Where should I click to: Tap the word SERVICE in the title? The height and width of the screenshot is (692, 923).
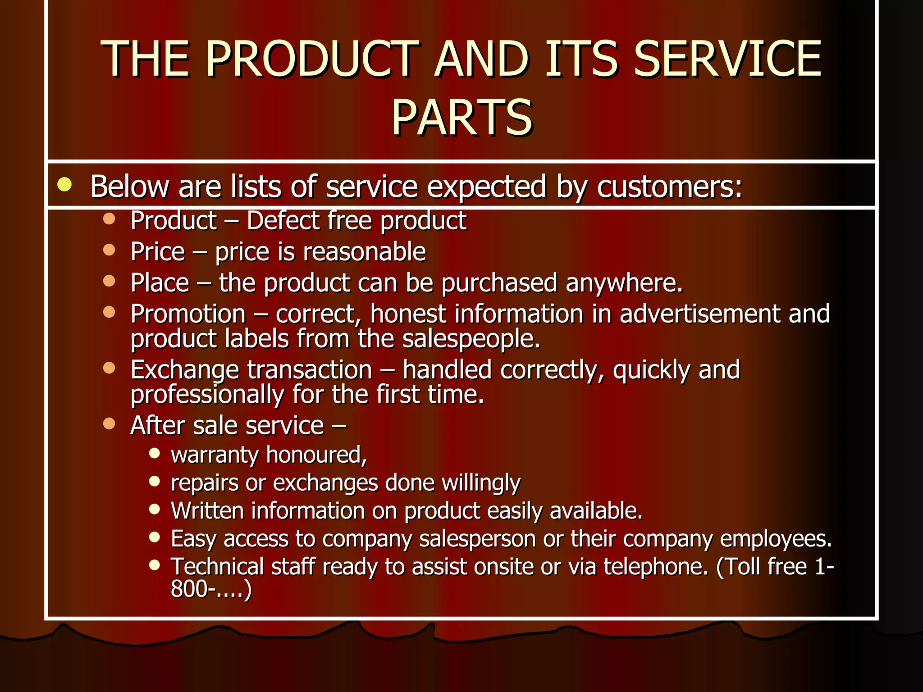pyautogui.click(x=727, y=59)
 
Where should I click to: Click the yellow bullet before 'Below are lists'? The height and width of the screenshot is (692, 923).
pyautogui.click(x=65, y=185)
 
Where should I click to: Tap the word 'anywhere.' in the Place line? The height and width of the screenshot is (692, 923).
pyautogui.click(x=624, y=283)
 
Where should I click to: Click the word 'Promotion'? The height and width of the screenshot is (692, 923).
pyautogui.click(x=188, y=314)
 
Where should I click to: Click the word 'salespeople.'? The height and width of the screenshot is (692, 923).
pyautogui.click(x=471, y=339)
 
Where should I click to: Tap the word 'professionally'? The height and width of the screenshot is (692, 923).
pyautogui.click(x=207, y=395)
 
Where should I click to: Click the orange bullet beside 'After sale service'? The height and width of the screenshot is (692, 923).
pyautogui.click(x=109, y=423)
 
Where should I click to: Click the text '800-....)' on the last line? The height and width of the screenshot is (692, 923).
pyautogui.click(x=211, y=589)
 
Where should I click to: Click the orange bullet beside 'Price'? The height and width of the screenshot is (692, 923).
pyautogui.click(x=109, y=250)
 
